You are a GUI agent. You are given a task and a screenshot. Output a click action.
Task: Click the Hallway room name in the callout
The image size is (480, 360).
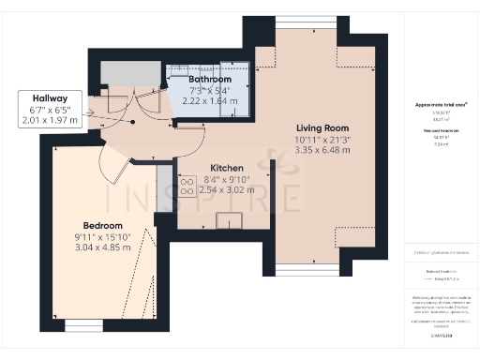pyautogui.click(x=49, y=97)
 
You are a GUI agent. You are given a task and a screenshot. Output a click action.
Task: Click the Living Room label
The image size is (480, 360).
pyautogui.click(x=322, y=128)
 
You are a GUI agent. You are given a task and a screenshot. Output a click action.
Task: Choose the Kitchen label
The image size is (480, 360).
pyautogui.click(x=227, y=168)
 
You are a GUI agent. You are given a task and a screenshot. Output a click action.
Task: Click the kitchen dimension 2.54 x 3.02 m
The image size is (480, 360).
pyautogui.click(x=227, y=189)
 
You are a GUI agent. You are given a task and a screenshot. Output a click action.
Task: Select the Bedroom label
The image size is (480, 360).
pyautogui.click(x=102, y=226)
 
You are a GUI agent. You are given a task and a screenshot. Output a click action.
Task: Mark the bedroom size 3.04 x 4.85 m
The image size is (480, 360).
pyautogui.click(x=102, y=248)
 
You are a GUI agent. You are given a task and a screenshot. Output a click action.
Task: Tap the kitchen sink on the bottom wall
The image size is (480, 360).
pyautogui.click(x=228, y=220)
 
